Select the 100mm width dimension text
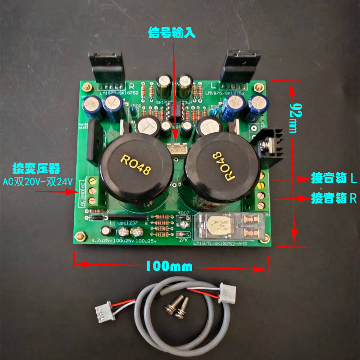[x=168, y=266]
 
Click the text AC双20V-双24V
[x=37, y=181]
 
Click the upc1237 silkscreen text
[x=127, y=223]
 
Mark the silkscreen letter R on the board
[x=132, y=85]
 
